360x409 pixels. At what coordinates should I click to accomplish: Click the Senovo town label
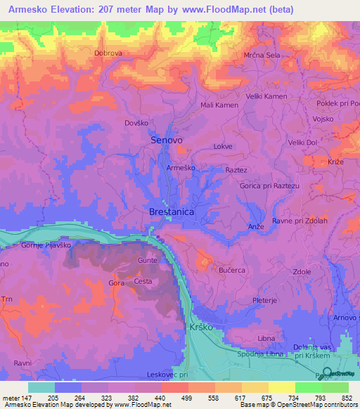(x=167, y=141)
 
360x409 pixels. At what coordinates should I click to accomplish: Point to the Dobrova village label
(x=108, y=53)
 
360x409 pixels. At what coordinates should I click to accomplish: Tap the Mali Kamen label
(x=219, y=105)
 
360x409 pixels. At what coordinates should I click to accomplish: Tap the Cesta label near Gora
(x=143, y=282)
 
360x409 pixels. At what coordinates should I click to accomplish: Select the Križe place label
(x=336, y=162)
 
